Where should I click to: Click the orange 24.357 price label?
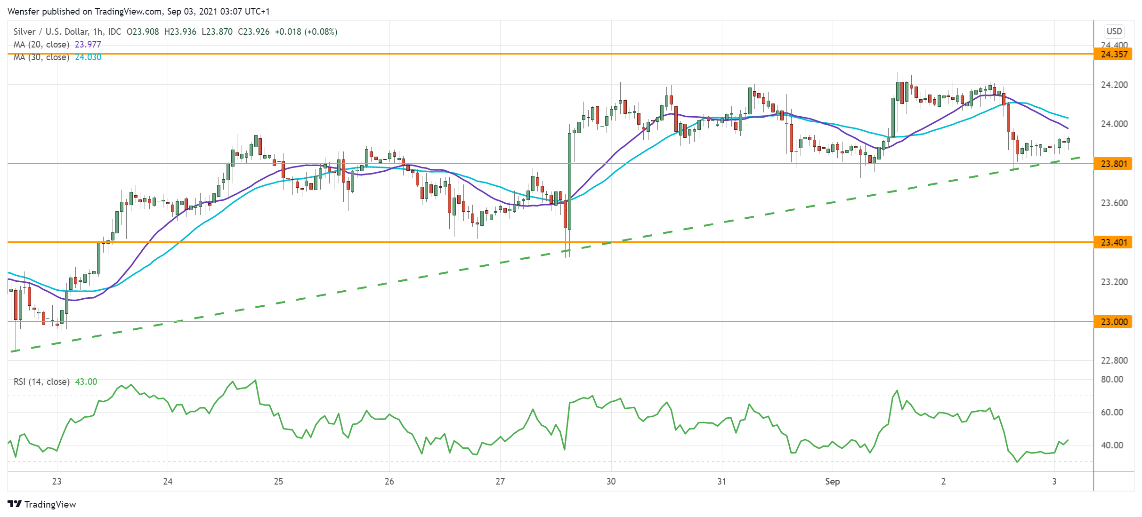(1114, 54)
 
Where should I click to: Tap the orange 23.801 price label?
(1114, 164)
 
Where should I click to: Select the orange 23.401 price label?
(1114, 242)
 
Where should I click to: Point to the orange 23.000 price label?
(1114, 322)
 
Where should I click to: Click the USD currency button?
(1114, 31)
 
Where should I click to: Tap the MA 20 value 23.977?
(88, 45)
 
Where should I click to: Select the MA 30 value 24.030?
(88, 57)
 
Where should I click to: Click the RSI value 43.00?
(86, 382)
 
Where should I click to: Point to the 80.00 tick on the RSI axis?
(1112, 380)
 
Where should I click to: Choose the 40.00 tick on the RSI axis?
(1112, 445)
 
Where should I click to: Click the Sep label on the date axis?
(832, 482)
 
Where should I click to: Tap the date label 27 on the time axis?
(500, 482)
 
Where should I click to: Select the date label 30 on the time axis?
(611, 482)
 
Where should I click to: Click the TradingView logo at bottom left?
(42, 504)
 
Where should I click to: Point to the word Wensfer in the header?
(24, 11)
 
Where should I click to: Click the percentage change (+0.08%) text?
(321, 32)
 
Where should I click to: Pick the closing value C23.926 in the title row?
(254, 32)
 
